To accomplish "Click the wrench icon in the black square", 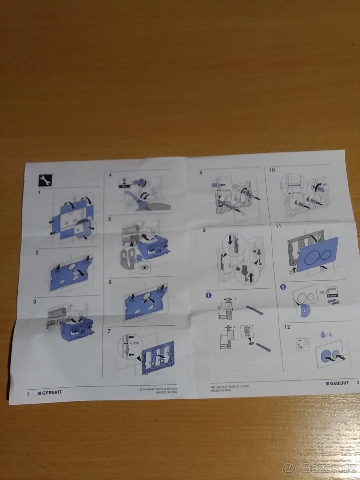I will coord(44,180).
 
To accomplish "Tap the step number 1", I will coord(39,192).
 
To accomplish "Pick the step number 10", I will coord(272,170).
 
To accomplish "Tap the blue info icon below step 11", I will coord(283,286).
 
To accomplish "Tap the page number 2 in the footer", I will coord(28,393).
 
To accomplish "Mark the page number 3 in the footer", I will coord(357,383).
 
